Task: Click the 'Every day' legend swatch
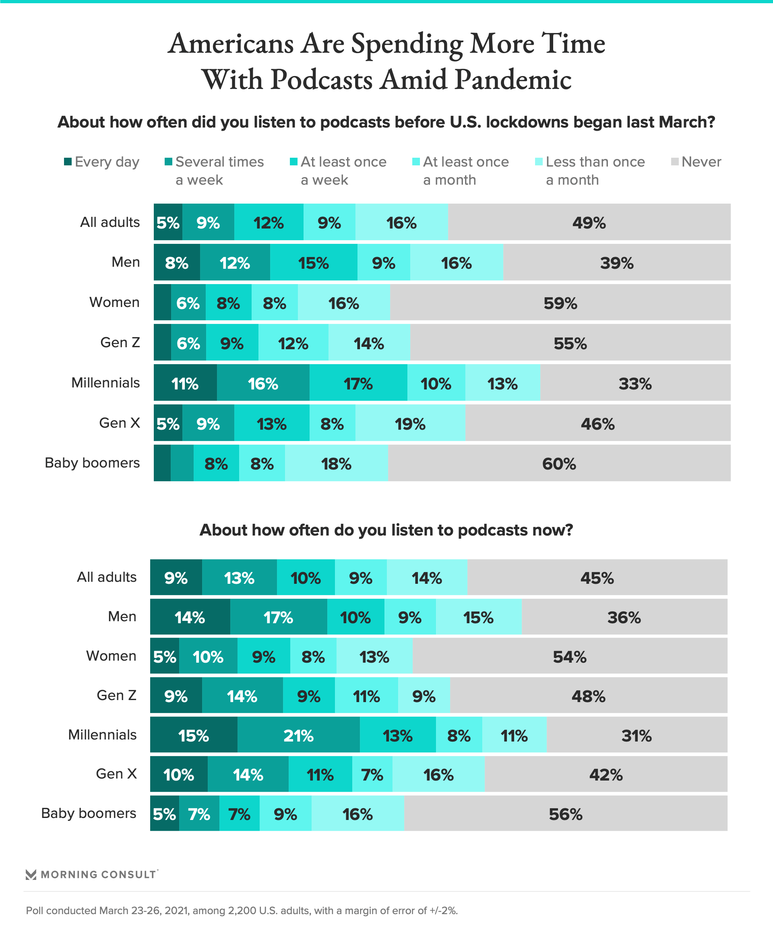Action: pos(68,162)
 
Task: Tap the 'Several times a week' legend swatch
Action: pos(168,162)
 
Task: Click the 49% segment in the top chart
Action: pos(589,222)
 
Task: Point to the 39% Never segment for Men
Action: pos(617,263)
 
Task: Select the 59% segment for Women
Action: pos(560,303)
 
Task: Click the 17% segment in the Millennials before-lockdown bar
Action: pos(358,383)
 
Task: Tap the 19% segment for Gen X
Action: pos(410,424)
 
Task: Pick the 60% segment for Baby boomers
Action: pos(559,464)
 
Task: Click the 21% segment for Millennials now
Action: pos(299,736)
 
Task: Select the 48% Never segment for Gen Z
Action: pos(588,696)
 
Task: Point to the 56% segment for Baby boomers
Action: pos(565,814)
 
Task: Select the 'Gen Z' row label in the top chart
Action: pos(120,342)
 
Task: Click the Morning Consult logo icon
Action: pos(31,874)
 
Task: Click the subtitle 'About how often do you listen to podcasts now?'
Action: pos(386,530)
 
